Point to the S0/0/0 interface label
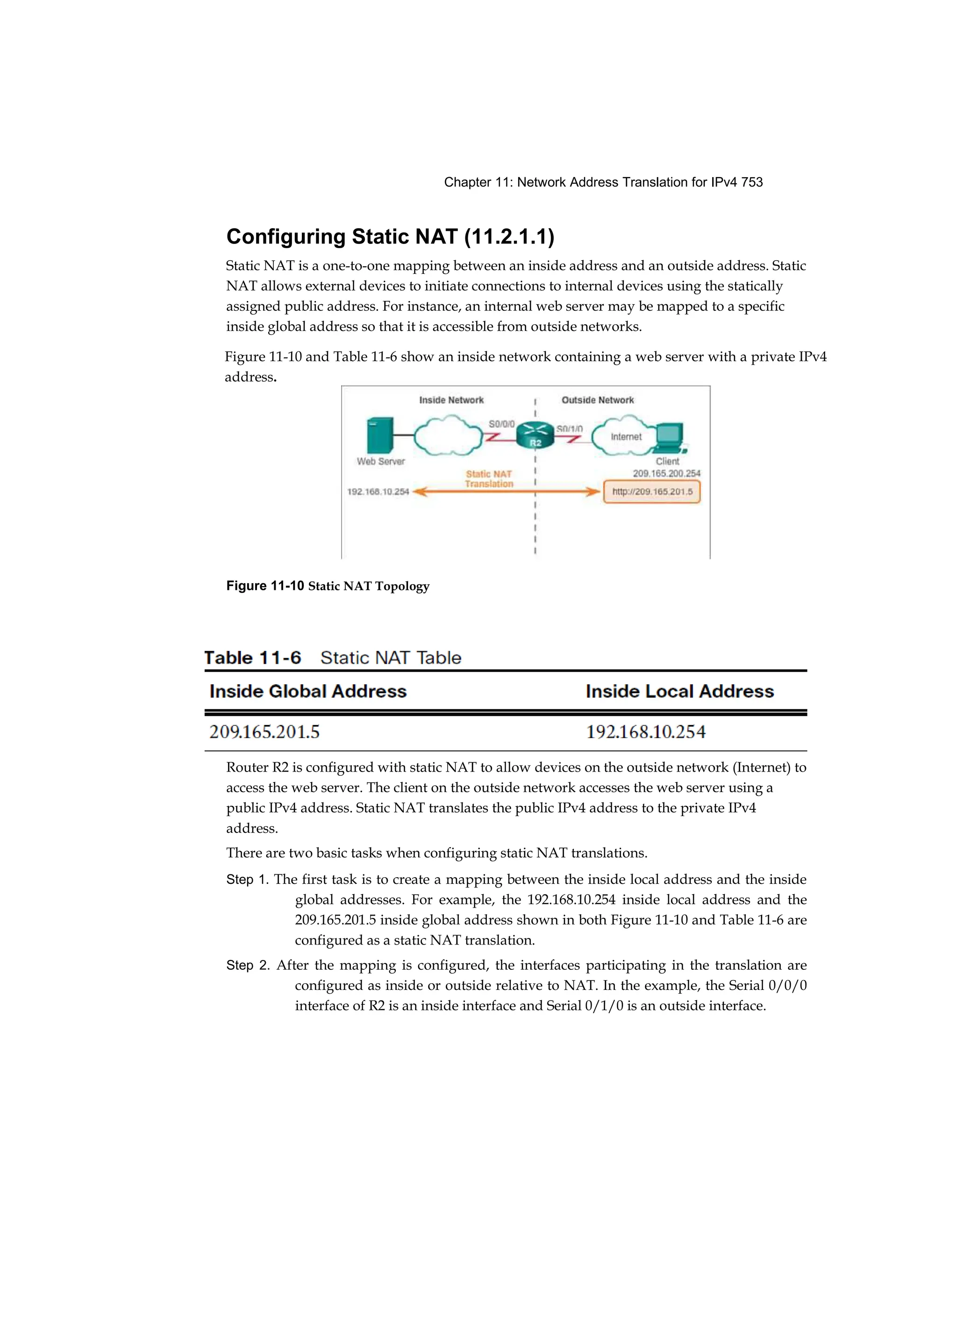coord(501,424)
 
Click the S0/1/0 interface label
coord(569,429)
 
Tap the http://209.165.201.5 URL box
coord(651,492)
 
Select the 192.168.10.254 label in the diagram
coord(378,492)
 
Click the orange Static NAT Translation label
coord(489,479)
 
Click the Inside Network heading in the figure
coord(451,400)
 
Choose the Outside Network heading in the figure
coord(598,400)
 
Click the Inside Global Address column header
coord(308,691)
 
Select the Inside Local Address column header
coord(679,691)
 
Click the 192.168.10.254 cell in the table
coord(646,732)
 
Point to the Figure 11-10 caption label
coord(265,586)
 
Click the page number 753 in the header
coord(752,182)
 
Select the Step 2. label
coord(248,966)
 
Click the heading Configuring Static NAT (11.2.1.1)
coord(390,236)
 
